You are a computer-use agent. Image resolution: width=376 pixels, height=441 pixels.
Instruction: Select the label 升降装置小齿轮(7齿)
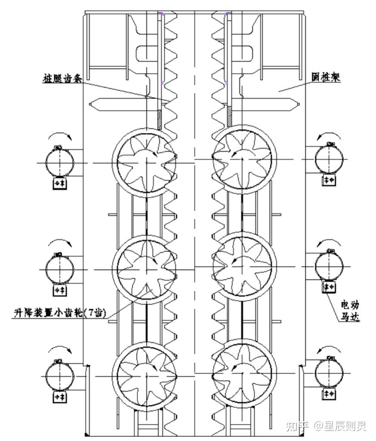point(59,313)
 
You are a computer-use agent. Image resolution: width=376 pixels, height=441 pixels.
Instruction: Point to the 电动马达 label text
point(349,311)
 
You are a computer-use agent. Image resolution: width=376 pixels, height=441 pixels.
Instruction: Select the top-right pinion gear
point(243,159)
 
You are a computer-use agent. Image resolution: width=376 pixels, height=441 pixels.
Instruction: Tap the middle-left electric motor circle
point(60,269)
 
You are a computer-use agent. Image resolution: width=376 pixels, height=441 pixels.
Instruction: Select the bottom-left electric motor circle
point(60,376)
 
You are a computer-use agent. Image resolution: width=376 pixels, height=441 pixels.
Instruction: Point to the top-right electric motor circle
point(329,159)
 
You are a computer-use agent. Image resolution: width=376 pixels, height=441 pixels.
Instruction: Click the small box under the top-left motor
point(59,184)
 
